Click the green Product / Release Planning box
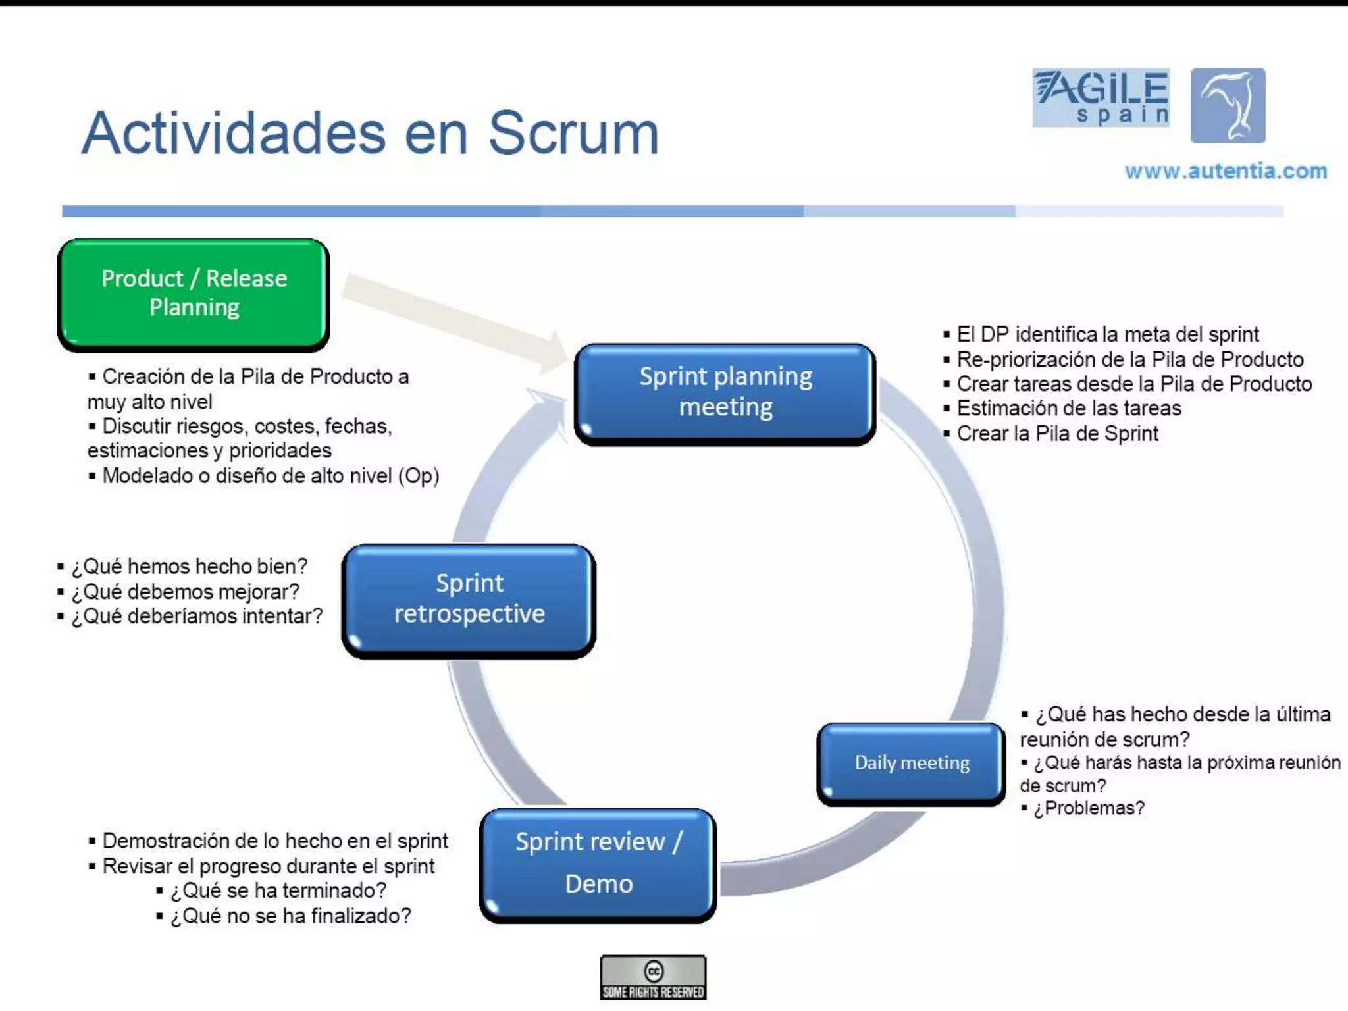click(194, 293)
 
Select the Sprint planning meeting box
click(725, 392)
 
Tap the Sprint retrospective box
click(469, 599)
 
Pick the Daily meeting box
click(911, 763)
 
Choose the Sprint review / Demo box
click(598, 864)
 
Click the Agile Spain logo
click(1101, 97)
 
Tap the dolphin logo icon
click(1228, 105)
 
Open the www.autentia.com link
click(1226, 171)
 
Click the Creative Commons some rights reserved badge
click(653, 977)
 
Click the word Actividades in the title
click(234, 134)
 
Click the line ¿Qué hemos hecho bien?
click(189, 566)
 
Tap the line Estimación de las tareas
click(1068, 408)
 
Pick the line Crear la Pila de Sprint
click(1057, 433)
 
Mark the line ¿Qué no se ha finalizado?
click(290, 916)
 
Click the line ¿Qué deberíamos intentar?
click(197, 616)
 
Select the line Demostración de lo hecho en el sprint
click(274, 841)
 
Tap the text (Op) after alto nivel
click(419, 476)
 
